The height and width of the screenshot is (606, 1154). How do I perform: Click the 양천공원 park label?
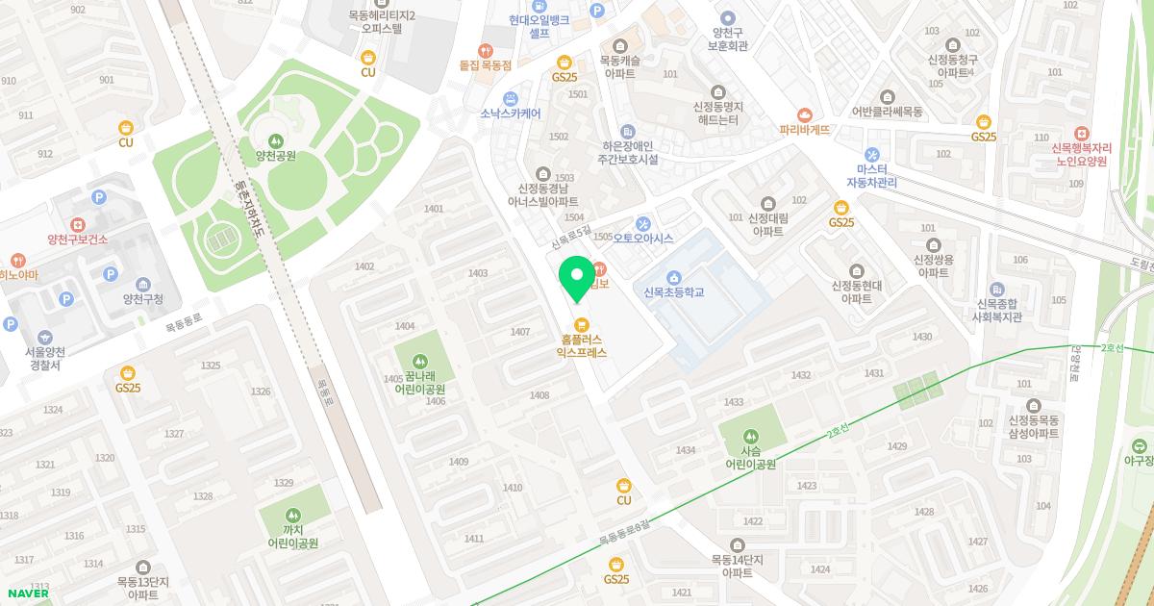tap(276, 155)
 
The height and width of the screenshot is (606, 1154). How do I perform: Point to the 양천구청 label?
tap(142, 299)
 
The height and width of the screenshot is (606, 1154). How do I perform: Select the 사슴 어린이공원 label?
tap(750, 457)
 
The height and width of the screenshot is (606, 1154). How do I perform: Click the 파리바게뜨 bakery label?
tap(804, 129)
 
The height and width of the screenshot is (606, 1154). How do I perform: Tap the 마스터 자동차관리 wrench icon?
tap(871, 155)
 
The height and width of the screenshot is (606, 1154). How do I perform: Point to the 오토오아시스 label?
tap(642, 238)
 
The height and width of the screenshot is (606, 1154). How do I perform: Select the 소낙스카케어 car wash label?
tap(510, 113)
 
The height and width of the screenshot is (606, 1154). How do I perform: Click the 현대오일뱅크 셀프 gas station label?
tap(539, 26)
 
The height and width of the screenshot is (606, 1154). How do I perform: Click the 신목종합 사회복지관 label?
tap(996, 309)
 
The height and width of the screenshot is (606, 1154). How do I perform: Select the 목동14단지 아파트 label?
tap(737, 566)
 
